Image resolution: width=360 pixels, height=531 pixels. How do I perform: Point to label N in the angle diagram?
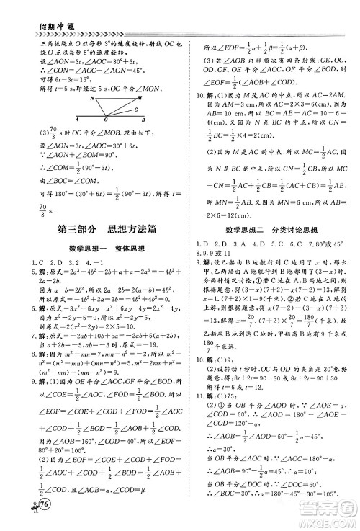click(93, 99)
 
